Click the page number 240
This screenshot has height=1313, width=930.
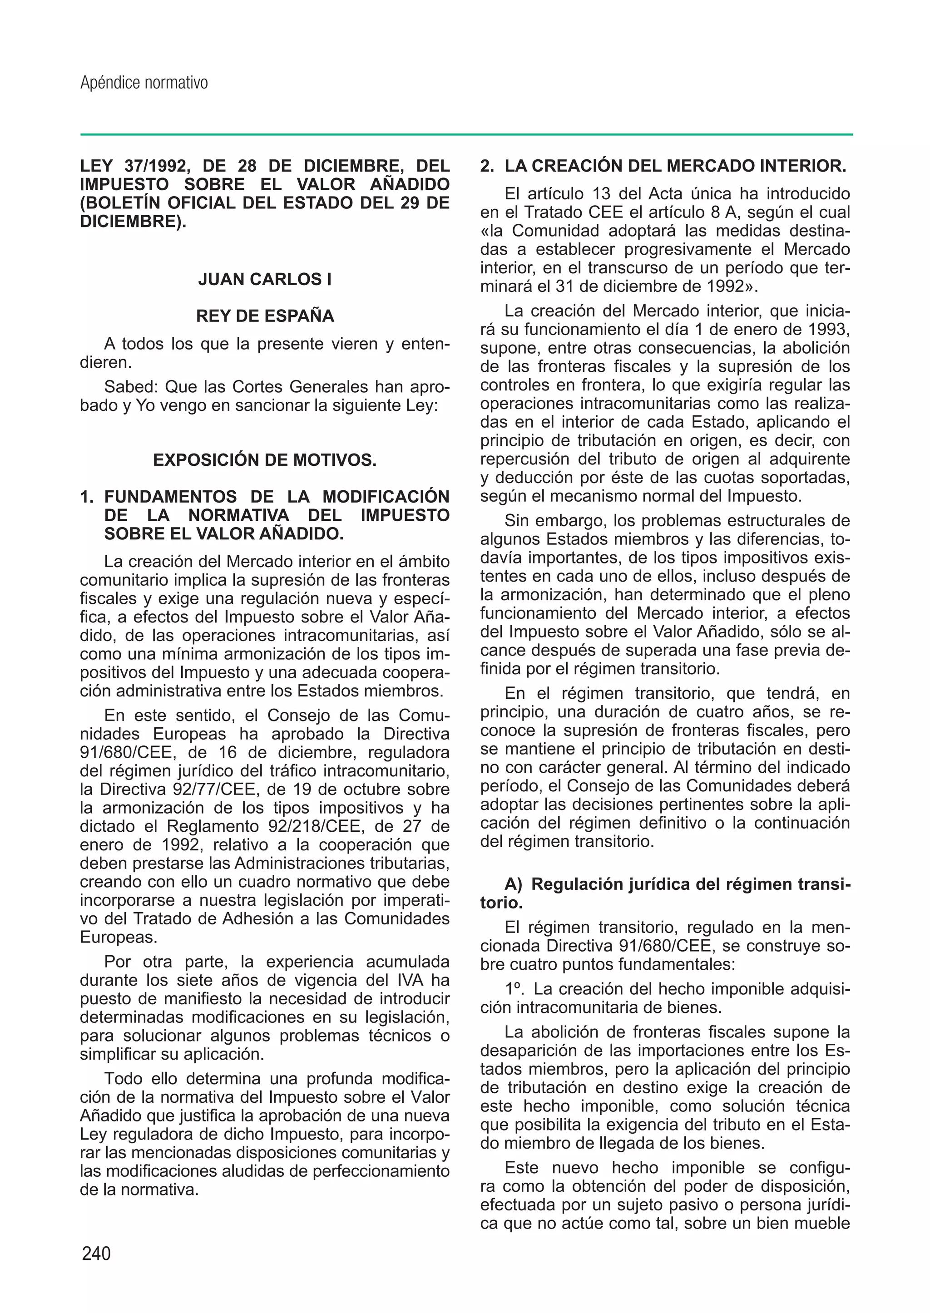[x=96, y=1254]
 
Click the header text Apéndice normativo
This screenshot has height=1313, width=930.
[x=144, y=83]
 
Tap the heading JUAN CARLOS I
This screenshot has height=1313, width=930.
[x=265, y=279]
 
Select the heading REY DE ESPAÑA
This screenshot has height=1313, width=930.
[x=265, y=316]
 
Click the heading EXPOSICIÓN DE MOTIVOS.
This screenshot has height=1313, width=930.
[x=265, y=460]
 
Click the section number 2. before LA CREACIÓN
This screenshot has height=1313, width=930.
[x=487, y=166]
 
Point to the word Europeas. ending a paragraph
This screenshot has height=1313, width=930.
[x=110, y=938]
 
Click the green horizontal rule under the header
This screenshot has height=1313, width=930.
[x=466, y=134]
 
